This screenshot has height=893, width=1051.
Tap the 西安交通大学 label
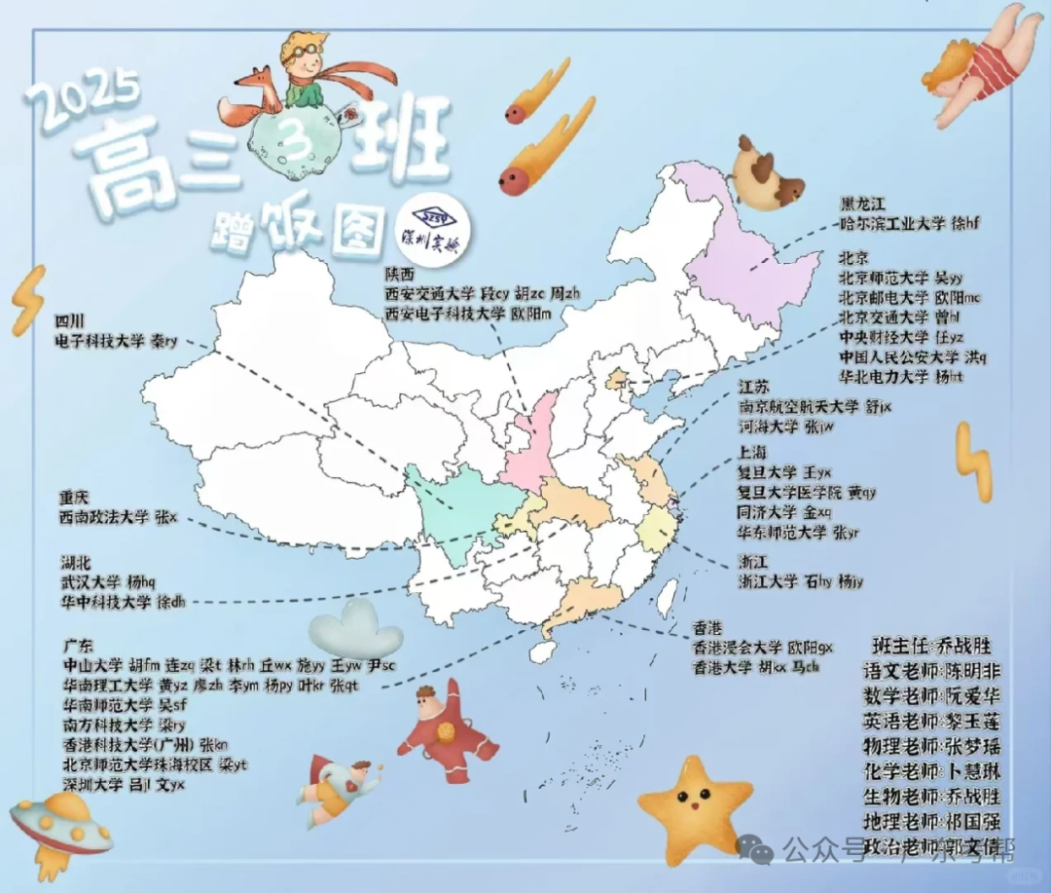pos(429,292)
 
